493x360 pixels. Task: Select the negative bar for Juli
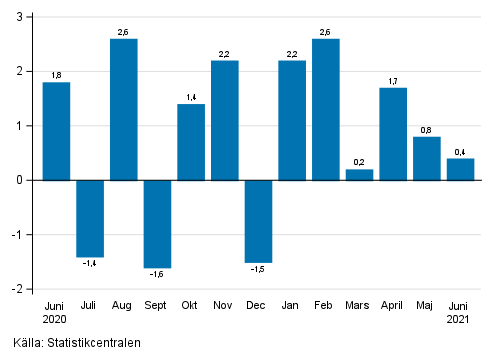tap(90, 218)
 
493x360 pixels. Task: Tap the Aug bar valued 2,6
tap(124, 109)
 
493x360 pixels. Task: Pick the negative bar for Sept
tap(157, 224)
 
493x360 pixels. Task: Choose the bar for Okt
tap(191, 142)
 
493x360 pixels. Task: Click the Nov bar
tap(225, 120)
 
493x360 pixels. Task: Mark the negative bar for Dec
tap(258, 221)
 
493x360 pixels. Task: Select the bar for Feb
tap(326, 109)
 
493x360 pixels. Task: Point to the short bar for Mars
tap(359, 175)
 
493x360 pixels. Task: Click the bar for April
tap(393, 134)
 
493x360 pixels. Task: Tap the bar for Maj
tap(427, 158)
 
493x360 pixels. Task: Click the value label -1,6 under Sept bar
tap(157, 275)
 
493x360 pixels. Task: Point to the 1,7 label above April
tap(393, 80)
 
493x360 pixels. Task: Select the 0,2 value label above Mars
tap(359, 162)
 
